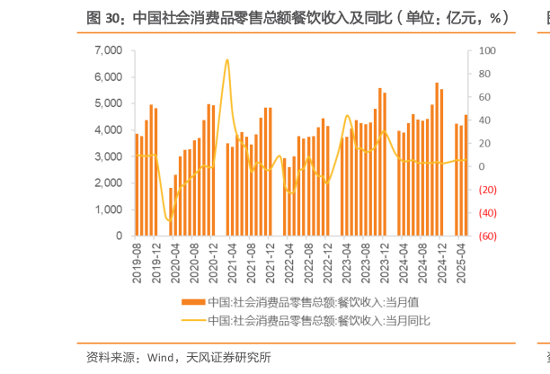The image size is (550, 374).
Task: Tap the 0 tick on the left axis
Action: point(119,236)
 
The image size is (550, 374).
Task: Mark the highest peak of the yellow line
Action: point(226,60)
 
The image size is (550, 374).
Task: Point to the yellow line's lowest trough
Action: point(168,219)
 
